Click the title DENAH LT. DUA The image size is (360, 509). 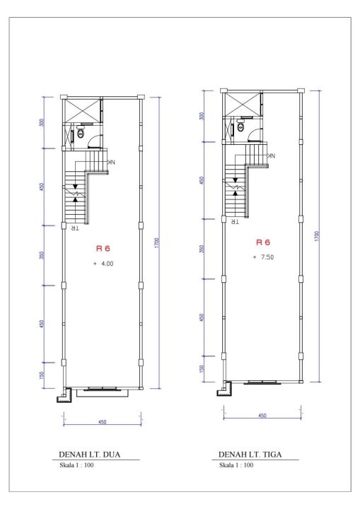click(89, 454)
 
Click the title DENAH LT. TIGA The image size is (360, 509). click(250, 454)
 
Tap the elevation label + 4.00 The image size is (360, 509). click(104, 264)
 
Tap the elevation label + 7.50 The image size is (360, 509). click(264, 257)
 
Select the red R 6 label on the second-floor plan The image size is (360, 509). click(103, 249)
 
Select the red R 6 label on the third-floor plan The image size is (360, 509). click(263, 242)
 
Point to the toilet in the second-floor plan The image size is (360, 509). click(80, 132)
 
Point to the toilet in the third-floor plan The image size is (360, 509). click(240, 126)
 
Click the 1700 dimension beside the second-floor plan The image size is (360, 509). click(156, 242)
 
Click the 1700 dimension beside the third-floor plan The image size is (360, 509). click(317, 236)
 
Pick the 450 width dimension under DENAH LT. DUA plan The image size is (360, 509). click(103, 422)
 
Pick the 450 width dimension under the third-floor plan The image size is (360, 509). click(262, 416)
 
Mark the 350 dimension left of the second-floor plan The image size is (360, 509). click(41, 255)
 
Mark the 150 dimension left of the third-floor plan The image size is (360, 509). click(202, 369)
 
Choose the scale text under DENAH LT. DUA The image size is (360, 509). click(76, 465)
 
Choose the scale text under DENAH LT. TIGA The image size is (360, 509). click(236, 465)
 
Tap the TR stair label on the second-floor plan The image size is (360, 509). click(75, 228)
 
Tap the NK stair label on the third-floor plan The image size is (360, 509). click(271, 156)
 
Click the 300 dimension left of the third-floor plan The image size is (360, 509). click(202, 116)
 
